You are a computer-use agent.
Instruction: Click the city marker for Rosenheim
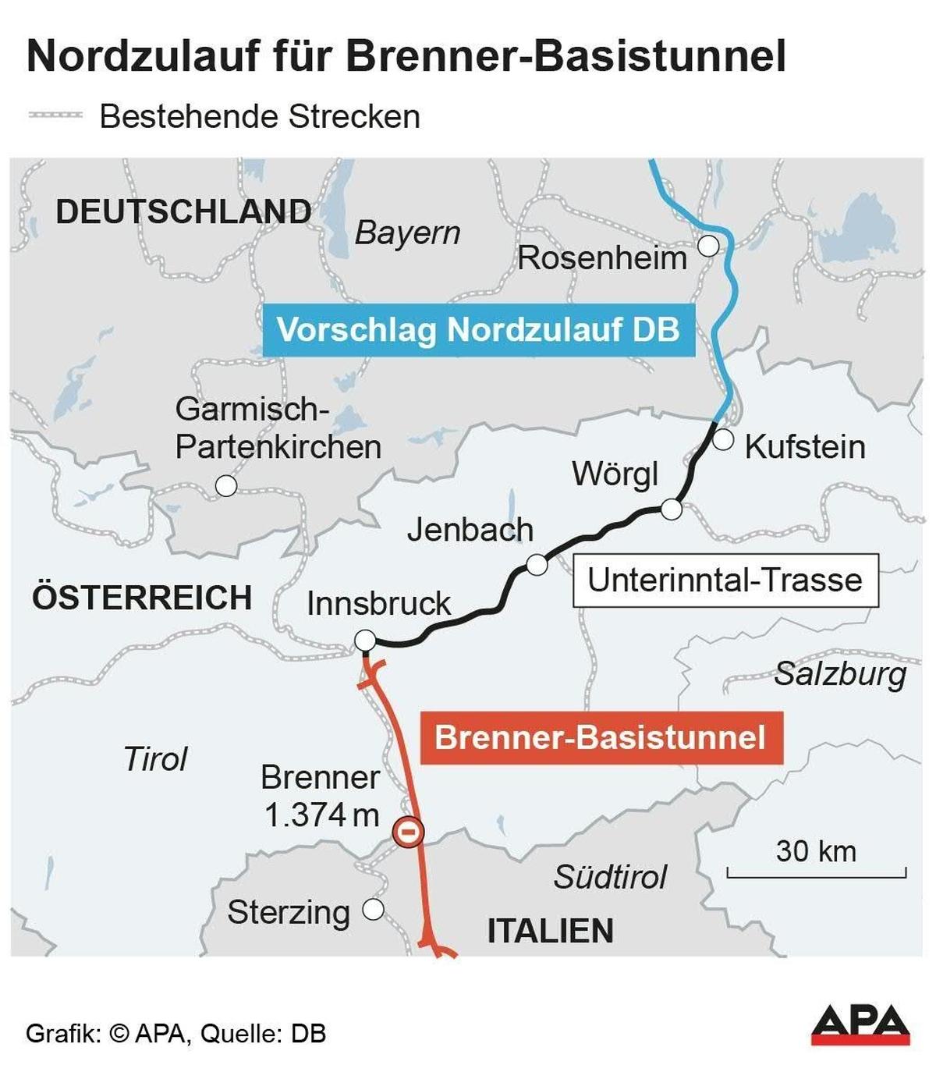(708, 246)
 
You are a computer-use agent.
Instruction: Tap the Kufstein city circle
(723, 439)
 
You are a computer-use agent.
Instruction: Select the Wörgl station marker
(671, 509)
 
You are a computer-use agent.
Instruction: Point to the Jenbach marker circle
(537, 564)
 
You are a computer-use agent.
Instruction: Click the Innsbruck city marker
(364, 641)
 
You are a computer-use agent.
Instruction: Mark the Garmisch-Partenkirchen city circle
(226, 486)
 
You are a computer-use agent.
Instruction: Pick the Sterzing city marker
(374, 909)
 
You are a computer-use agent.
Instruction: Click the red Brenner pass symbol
(408, 832)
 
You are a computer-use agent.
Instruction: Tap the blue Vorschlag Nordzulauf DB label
(478, 330)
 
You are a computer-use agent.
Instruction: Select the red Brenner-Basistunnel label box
(601, 737)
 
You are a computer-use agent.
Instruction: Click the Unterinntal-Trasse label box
(725, 580)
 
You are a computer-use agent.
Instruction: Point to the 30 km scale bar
(816, 872)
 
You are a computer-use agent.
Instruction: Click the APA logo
(860, 1024)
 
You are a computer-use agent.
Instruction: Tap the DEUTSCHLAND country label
(183, 212)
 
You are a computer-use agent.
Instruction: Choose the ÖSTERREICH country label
(142, 598)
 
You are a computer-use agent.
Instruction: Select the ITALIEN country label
(550, 931)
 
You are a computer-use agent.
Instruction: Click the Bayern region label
(407, 233)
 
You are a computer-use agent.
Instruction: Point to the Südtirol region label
(610, 877)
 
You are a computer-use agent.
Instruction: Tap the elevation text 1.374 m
(321, 815)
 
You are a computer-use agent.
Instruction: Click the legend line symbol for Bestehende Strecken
(55, 115)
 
